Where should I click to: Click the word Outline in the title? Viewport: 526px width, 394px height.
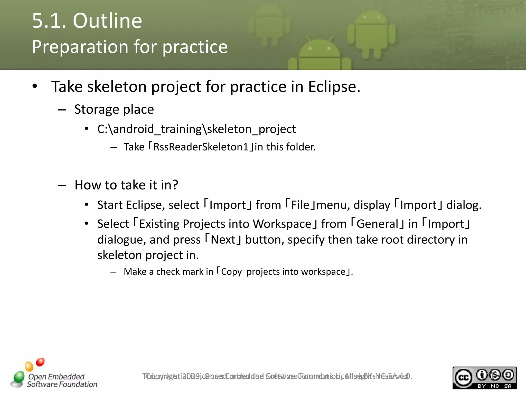(107, 21)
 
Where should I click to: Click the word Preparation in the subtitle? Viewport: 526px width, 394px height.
(80, 47)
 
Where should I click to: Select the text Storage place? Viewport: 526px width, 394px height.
(114, 110)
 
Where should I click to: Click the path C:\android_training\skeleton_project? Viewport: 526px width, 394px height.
(196, 129)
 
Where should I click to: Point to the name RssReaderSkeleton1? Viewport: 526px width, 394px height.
(201, 147)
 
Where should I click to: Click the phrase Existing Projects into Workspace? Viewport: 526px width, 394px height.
(225, 224)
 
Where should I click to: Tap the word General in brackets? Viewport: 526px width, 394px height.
(377, 224)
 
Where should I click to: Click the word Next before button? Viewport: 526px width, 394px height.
(223, 240)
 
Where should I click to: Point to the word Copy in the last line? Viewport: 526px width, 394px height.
(231, 272)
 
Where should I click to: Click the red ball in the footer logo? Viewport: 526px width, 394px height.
(40, 362)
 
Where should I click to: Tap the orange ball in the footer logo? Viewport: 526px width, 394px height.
(29, 366)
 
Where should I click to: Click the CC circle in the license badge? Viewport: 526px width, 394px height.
(463, 378)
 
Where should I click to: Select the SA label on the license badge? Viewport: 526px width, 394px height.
(508, 386)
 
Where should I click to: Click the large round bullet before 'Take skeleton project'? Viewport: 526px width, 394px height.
(35, 86)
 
